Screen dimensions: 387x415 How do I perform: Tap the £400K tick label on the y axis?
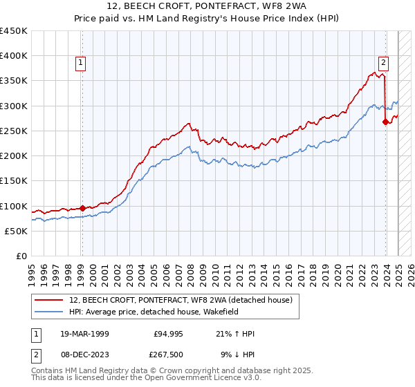click(14, 56)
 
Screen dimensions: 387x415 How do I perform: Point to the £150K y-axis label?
click(14, 181)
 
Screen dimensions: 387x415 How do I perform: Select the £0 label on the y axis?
click(21, 256)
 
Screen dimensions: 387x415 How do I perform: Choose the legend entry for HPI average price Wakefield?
click(162, 312)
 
